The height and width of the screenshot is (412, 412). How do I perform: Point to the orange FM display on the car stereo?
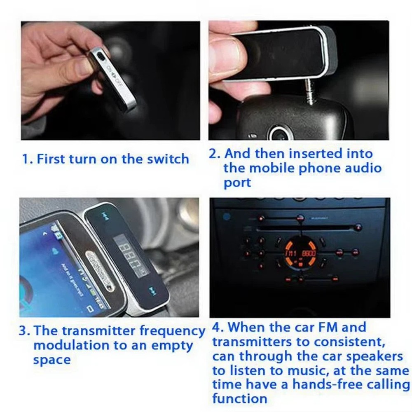coord(301,252)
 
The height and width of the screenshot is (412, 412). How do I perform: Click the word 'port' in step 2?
coord(237,183)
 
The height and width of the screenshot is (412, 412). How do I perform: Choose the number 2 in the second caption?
coord(213,154)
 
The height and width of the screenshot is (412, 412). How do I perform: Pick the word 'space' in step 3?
coord(52,359)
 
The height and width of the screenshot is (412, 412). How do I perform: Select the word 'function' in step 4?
coord(240,398)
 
